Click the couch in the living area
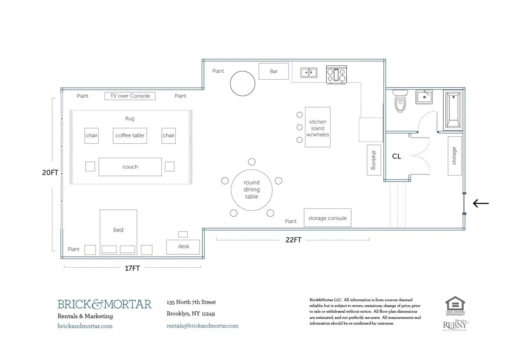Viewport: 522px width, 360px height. point(130,167)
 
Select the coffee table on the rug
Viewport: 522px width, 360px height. point(130,135)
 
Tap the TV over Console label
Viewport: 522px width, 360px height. point(130,96)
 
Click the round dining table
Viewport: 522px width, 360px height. point(251,189)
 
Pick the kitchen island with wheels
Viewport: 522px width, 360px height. point(318,127)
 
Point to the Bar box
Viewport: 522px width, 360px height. point(274,71)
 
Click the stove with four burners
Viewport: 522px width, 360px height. point(337,74)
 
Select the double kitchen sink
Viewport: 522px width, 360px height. point(309,72)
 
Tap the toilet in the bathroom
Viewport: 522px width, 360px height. point(399,101)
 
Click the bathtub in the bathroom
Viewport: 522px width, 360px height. point(453,110)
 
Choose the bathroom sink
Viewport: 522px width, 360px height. point(424,96)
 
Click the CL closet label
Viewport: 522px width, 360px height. point(396,156)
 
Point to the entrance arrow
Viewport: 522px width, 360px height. point(481,203)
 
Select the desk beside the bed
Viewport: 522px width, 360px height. point(183,246)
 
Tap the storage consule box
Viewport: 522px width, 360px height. point(327,218)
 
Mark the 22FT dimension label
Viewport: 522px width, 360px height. point(294,240)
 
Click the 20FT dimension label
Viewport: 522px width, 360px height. point(50,172)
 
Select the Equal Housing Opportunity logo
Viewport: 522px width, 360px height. point(455,306)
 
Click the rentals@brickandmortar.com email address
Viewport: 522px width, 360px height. point(202,326)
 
